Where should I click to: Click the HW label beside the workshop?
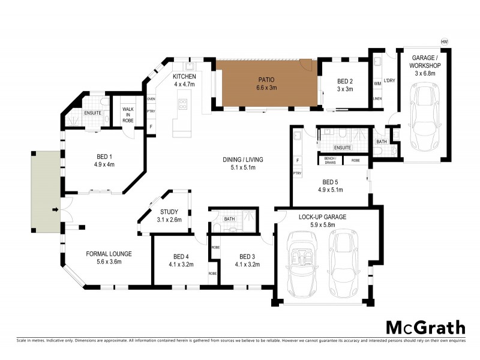coord(444,41)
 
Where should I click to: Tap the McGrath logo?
coord(425,328)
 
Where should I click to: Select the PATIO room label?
coord(267,79)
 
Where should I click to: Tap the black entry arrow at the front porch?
coord(55,209)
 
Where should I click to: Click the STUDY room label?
coord(169,212)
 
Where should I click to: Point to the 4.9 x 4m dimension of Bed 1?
coord(104,164)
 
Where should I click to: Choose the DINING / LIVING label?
coord(244,160)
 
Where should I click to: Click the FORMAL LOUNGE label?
coord(109,254)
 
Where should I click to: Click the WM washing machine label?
coord(377,83)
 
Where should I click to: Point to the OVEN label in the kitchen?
coord(151,99)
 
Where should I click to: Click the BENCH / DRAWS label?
coord(331,160)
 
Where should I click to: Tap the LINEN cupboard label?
coord(377,99)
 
